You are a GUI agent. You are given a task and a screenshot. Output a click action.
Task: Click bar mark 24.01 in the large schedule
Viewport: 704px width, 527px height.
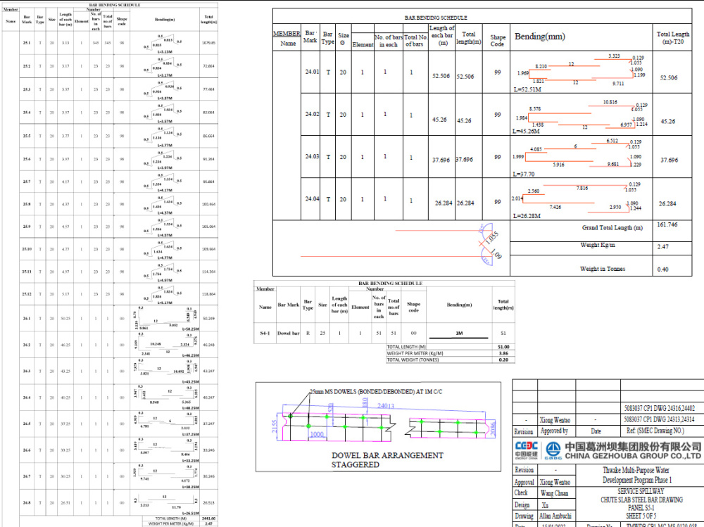[x=312, y=72]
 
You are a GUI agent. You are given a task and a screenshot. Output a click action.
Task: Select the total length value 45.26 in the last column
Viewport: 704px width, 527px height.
[x=668, y=121]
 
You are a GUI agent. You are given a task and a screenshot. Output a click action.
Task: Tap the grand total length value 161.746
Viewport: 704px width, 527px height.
[x=666, y=224]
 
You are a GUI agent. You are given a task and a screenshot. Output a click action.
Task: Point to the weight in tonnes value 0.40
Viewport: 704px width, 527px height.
[x=662, y=269]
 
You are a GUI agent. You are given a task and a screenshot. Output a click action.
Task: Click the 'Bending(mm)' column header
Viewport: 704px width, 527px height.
[x=540, y=37]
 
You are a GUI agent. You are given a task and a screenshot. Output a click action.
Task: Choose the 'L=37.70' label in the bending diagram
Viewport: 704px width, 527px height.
[x=525, y=174]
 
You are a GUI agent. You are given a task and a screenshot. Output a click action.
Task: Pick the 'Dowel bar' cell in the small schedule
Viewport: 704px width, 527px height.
[x=289, y=333]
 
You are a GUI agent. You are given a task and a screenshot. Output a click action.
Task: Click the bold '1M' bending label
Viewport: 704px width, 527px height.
[x=459, y=333]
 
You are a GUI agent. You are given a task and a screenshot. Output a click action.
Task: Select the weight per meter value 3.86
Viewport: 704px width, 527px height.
[x=503, y=353]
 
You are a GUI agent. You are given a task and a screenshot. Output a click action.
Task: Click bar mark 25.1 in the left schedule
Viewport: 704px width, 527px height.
[x=27, y=43]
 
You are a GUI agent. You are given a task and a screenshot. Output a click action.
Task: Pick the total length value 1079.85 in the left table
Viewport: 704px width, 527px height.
[x=208, y=43]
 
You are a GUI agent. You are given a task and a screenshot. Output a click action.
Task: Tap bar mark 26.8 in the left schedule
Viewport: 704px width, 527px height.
[x=27, y=502]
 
